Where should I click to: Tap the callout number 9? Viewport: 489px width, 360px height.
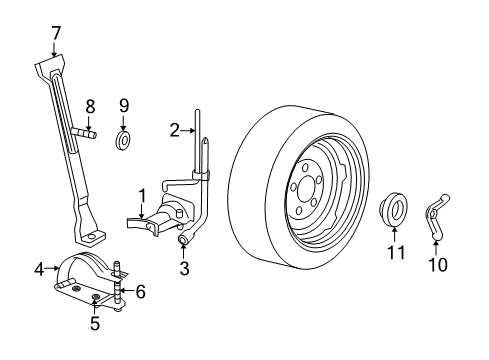pyautogui.click(x=124, y=104)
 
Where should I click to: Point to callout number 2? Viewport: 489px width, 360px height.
pyautogui.click(x=173, y=129)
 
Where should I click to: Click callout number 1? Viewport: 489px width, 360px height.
pyautogui.click(x=143, y=195)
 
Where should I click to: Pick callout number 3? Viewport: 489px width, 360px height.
pyautogui.click(x=184, y=267)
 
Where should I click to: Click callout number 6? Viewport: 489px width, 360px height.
pyautogui.click(x=141, y=292)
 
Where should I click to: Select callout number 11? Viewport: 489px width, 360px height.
pyautogui.click(x=397, y=253)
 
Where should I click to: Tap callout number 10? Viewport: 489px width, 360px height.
pyautogui.click(x=437, y=265)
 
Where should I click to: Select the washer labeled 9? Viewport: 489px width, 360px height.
pyautogui.click(x=124, y=138)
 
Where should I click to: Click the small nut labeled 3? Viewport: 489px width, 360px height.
pyautogui.click(x=183, y=241)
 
